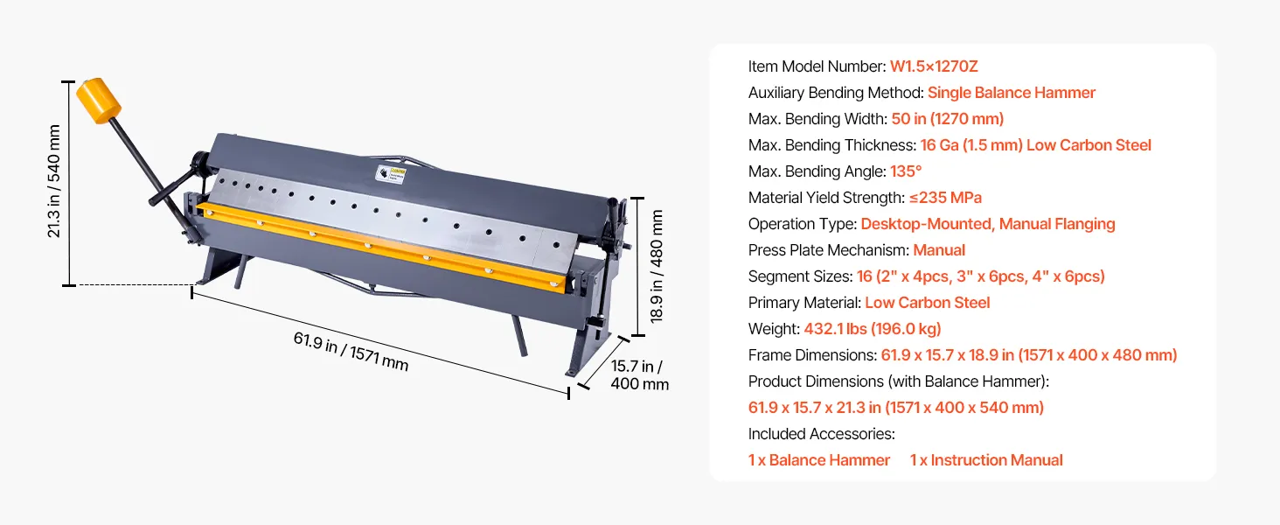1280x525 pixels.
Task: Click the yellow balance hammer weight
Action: [98, 101]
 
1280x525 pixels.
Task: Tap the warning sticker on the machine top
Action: [391, 173]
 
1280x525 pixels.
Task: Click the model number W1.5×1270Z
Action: [934, 66]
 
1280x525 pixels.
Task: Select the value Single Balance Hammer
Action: [1011, 93]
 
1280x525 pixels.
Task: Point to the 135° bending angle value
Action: [906, 171]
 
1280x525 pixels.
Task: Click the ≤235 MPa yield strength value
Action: [945, 198]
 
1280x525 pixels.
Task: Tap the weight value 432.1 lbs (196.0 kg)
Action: [872, 329]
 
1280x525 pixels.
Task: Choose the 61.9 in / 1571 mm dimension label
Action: [351, 351]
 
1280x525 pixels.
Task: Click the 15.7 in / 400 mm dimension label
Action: [639, 374]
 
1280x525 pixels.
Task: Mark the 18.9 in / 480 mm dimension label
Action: [657, 266]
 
